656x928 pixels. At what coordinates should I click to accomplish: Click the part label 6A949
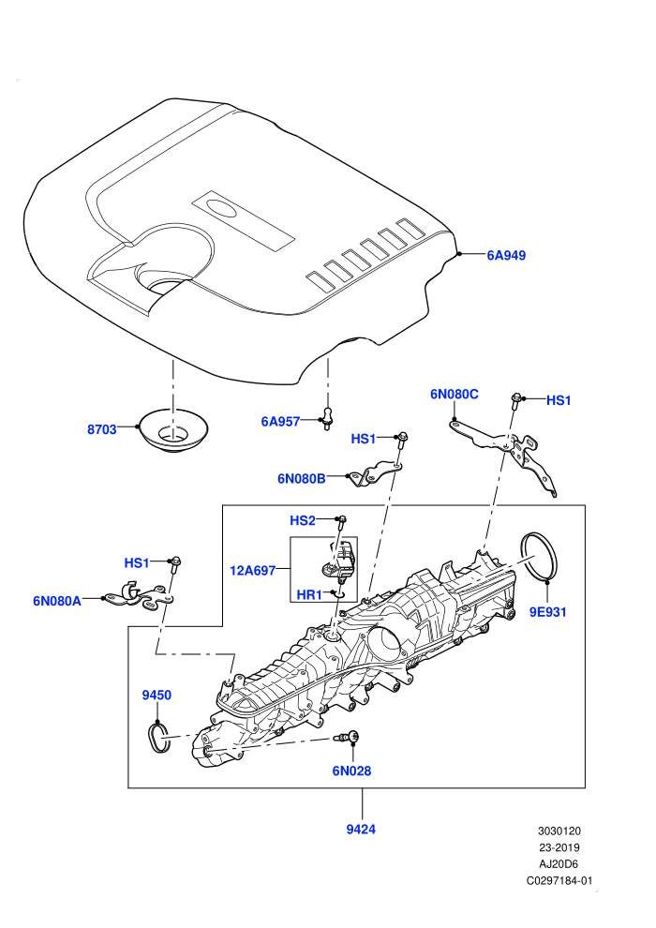tap(506, 256)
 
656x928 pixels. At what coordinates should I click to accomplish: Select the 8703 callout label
tap(102, 429)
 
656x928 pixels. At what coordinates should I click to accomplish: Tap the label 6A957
tap(280, 422)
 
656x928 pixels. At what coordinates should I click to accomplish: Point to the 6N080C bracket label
tap(455, 394)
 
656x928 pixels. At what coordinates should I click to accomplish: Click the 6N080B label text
tap(302, 479)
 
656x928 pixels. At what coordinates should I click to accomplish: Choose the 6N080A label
tap(57, 601)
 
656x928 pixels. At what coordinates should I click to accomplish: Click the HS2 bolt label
tap(303, 521)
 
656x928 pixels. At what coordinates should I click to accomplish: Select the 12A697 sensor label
tap(253, 571)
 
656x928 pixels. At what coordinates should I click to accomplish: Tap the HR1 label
tap(309, 594)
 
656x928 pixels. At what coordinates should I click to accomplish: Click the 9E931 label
tap(547, 612)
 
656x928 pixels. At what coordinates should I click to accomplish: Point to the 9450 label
tap(157, 696)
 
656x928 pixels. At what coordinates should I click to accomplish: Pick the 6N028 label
tap(351, 771)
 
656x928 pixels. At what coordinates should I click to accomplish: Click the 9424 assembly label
tap(361, 830)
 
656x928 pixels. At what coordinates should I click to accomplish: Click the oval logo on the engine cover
tap(222, 208)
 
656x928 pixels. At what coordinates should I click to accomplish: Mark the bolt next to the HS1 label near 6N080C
tap(514, 401)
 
